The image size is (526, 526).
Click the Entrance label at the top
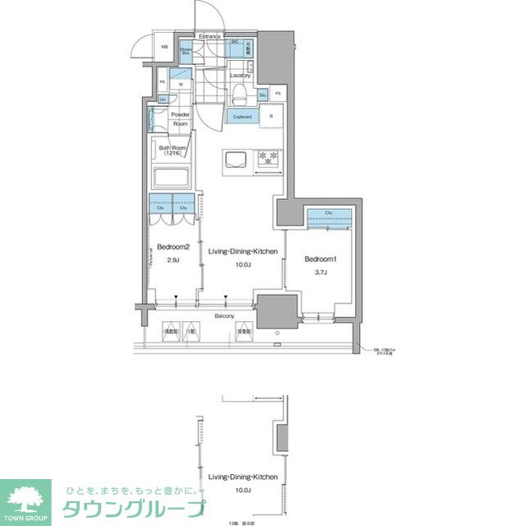[210, 36]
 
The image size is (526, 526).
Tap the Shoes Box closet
[186, 49]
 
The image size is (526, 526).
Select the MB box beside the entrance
[164, 48]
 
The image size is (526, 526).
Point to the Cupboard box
[242, 117]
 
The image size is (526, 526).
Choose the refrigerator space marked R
[271, 117]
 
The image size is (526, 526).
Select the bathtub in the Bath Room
[172, 177]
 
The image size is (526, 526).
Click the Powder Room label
[180, 119]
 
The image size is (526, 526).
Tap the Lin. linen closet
[163, 100]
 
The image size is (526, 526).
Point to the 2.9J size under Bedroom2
[173, 260]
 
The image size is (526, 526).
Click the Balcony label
[224, 316]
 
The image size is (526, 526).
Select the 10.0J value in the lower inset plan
[242, 491]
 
